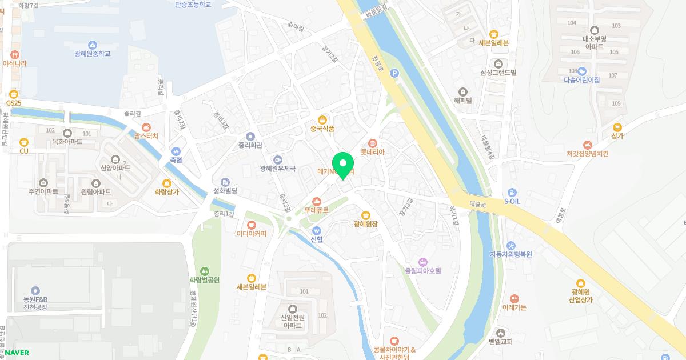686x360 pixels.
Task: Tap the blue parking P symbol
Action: [x=393, y=73]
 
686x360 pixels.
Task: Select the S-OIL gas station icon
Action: [x=512, y=192]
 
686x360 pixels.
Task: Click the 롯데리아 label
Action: [x=372, y=152]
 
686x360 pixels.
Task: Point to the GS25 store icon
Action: [x=14, y=94]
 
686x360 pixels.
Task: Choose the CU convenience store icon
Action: [x=23, y=142]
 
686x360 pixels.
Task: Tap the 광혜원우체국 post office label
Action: [x=277, y=169]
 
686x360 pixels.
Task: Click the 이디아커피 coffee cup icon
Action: [x=252, y=224]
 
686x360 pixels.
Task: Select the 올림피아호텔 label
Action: [x=423, y=270]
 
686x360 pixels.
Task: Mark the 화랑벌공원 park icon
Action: [x=205, y=271]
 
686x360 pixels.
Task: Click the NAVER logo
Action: [x=17, y=353]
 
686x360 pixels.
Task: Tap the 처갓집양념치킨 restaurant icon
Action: [x=587, y=145]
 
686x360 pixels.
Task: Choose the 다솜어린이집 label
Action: [x=581, y=80]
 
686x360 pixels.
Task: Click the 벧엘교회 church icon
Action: [x=501, y=333]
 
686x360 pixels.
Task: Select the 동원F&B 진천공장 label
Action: [x=35, y=303]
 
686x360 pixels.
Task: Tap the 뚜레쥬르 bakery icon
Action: [x=317, y=201]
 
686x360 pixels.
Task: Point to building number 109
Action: [x=616, y=103]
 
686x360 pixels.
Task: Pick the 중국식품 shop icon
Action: [x=322, y=119]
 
